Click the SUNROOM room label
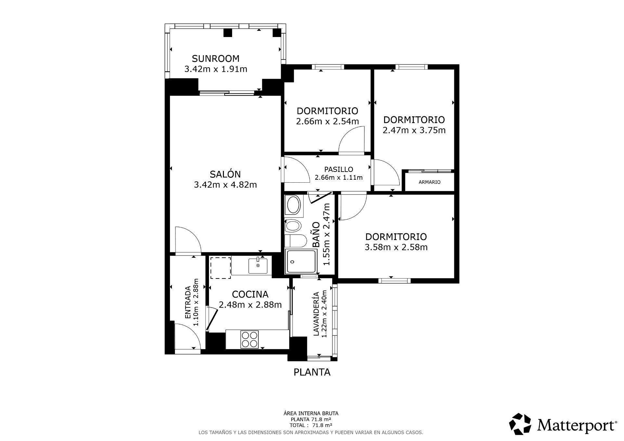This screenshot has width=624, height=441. (x=215, y=58)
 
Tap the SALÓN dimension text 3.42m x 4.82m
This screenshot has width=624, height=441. (x=225, y=185)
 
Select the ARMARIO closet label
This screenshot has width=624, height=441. (x=429, y=182)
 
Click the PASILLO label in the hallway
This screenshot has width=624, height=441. (x=338, y=169)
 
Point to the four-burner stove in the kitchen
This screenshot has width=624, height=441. (x=249, y=339)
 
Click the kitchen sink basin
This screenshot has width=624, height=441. (x=258, y=266)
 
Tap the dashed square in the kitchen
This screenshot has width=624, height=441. (x=220, y=268)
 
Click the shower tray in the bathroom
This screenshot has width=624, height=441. (x=301, y=261)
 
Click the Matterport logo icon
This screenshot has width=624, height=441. (x=520, y=424)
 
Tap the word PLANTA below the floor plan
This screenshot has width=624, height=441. (x=312, y=372)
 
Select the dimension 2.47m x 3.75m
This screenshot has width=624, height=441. (x=414, y=130)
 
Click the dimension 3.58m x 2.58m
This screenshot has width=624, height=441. (x=396, y=247)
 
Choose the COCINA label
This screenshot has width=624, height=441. (x=250, y=294)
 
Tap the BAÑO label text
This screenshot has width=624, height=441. (x=316, y=235)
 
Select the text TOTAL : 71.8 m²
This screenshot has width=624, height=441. (x=311, y=425)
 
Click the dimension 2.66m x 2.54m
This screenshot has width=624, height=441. (x=327, y=122)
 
